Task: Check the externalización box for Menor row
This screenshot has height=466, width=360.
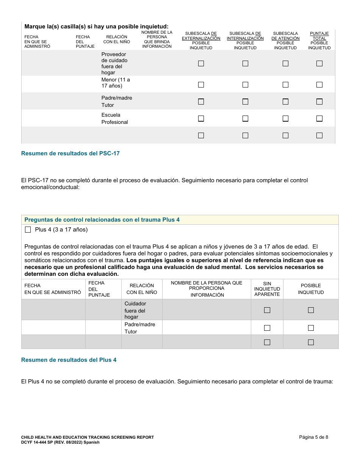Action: [x=201, y=84]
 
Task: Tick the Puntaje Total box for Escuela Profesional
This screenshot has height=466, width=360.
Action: [x=319, y=119]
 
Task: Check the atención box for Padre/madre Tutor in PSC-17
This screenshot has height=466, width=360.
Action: [x=285, y=102]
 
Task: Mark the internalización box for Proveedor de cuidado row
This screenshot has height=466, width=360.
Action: [x=245, y=64]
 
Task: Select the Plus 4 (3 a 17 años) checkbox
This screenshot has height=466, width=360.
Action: [x=28, y=230]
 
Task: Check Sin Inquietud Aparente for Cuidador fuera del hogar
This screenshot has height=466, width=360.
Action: [x=267, y=310]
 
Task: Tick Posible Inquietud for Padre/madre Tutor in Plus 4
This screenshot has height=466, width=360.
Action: [x=311, y=328]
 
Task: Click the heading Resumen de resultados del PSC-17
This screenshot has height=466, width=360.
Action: [x=70, y=153]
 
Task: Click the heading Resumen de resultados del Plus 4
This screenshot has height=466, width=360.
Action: [x=69, y=360]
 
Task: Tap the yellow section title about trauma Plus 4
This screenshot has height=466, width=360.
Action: [x=102, y=220]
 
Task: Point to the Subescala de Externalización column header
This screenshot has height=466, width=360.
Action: [x=201, y=41]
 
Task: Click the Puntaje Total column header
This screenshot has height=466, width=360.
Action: [x=319, y=41]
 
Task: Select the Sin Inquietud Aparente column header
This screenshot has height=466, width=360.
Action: [x=267, y=289]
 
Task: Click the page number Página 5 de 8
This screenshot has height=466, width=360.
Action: [x=313, y=437]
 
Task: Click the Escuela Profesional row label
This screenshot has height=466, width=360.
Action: [x=114, y=118]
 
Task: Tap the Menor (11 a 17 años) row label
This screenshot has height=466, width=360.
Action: [x=116, y=83]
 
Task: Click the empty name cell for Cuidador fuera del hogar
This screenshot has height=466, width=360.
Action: [x=207, y=310]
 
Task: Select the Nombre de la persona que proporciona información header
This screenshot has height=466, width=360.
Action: [x=207, y=289]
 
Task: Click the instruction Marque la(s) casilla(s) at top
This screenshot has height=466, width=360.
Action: [x=96, y=27]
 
